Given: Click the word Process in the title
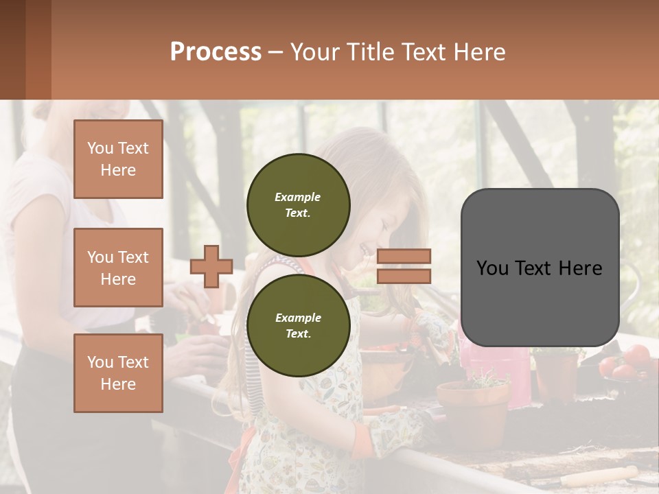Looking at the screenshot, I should (216, 52).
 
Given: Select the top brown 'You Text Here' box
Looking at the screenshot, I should (118, 159).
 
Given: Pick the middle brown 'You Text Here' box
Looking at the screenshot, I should (118, 268).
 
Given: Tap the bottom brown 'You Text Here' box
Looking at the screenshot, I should (118, 373).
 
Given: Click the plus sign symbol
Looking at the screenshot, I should (211, 266).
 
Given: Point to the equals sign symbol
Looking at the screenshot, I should (404, 266).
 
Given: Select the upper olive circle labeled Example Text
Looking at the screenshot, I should (298, 204).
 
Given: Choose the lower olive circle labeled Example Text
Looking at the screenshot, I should (298, 325).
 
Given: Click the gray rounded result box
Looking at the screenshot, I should (540, 268).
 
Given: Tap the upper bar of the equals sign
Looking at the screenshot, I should (404, 257).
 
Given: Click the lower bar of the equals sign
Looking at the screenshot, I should (404, 276).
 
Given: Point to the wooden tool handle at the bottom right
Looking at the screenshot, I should (597, 475).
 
